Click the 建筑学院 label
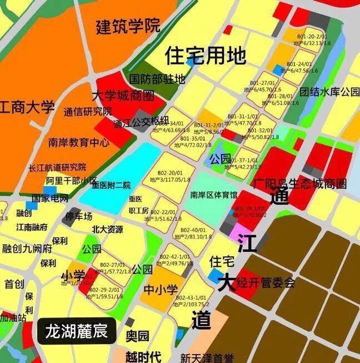(x=128, y=26)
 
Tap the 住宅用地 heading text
(x=205, y=55)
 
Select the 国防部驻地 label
(x=157, y=79)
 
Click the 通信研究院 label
(x=88, y=111)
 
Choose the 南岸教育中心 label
(x=78, y=142)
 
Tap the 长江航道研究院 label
(x=58, y=167)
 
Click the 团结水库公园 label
(x=330, y=92)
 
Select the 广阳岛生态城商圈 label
(x=299, y=183)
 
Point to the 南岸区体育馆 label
(x=213, y=195)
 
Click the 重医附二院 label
(x=111, y=185)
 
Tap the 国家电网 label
(x=49, y=198)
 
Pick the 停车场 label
(x=79, y=216)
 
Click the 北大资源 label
(x=107, y=229)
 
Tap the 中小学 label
(x=161, y=290)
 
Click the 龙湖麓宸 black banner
(x=77, y=332)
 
